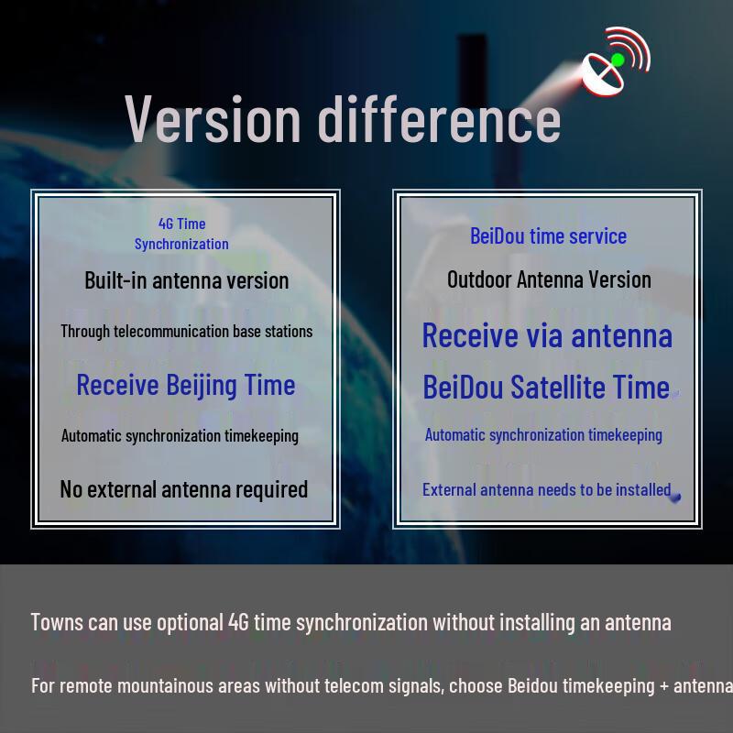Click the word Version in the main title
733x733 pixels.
tap(213, 119)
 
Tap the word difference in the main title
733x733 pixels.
tap(439, 119)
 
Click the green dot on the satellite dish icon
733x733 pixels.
tap(618, 60)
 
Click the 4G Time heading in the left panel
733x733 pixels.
tap(181, 224)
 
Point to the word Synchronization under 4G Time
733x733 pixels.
tap(181, 244)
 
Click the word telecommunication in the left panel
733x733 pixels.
tap(170, 332)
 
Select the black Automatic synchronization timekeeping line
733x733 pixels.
tap(180, 435)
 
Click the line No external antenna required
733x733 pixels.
tap(183, 489)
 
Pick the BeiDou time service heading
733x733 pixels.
tap(548, 235)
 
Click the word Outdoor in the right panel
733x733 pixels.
tap(479, 279)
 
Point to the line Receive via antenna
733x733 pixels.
tap(547, 335)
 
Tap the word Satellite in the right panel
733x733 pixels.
tap(558, 388)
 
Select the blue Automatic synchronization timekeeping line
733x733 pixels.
tap(543, 435)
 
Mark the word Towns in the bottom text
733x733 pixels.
tap(57, 622)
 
